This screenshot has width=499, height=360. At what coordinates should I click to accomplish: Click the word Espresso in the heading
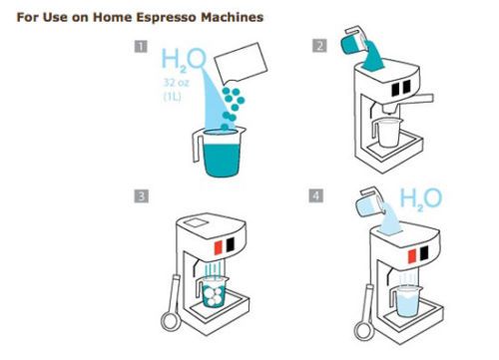click(167, 17)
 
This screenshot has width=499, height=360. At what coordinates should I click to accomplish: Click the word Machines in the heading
click(232, 17)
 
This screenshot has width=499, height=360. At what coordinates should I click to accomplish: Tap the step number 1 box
click(141, 46)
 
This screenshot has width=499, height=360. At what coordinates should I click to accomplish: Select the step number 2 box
click(319, 46)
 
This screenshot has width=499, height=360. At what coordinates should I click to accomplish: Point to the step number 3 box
click(141, 196)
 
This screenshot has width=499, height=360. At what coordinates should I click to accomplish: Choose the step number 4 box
click(315, 195)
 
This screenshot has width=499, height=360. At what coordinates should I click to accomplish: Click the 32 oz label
click(176, 83)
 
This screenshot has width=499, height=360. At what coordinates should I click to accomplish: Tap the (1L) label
click(173, 97)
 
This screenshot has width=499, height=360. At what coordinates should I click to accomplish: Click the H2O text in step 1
click(184, 60)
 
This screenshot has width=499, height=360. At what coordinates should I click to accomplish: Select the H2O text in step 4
click(421, 199)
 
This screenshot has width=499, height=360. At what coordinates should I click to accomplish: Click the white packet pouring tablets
click(241, 63)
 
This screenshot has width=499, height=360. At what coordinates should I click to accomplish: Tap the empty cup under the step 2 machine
click(385, 133)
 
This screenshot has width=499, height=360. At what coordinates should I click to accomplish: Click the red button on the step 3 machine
click(219, 247)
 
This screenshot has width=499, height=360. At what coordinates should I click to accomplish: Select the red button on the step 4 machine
click(412, 256)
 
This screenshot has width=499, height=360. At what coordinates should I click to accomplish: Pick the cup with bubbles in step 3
click(212, 291)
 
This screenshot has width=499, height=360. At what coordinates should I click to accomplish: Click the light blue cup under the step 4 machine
click(406, 301)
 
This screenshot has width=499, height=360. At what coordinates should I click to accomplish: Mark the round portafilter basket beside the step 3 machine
click(171, 322)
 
